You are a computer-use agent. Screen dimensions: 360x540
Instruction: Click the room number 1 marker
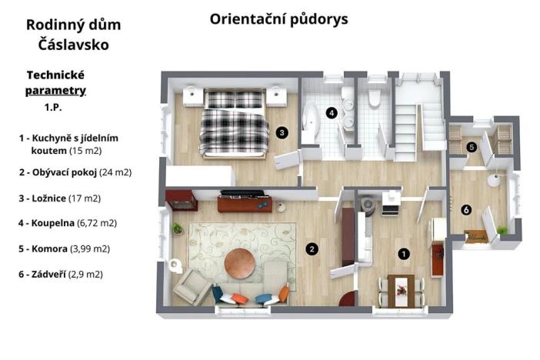[403, 252]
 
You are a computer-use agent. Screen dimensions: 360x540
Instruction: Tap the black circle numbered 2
[312, 248]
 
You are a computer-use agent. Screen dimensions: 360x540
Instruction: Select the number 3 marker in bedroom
[282, 132]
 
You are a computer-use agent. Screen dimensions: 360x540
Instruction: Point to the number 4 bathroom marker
[332, 113]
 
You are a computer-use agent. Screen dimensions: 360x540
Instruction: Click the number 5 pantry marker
[472, 146]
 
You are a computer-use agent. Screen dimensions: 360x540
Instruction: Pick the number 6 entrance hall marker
[465, 209]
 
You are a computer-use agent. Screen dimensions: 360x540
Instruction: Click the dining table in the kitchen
[400, 288]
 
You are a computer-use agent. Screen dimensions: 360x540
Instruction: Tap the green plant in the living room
[177, 229]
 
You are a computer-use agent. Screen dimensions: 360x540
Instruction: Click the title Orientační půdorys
[278, 19]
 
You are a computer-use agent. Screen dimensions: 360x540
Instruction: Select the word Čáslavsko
[73, 45]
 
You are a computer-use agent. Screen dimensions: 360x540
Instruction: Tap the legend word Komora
[52, 248]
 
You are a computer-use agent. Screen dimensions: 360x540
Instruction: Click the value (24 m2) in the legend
[115, 172]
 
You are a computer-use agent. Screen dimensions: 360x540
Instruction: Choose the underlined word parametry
[55, 90]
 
